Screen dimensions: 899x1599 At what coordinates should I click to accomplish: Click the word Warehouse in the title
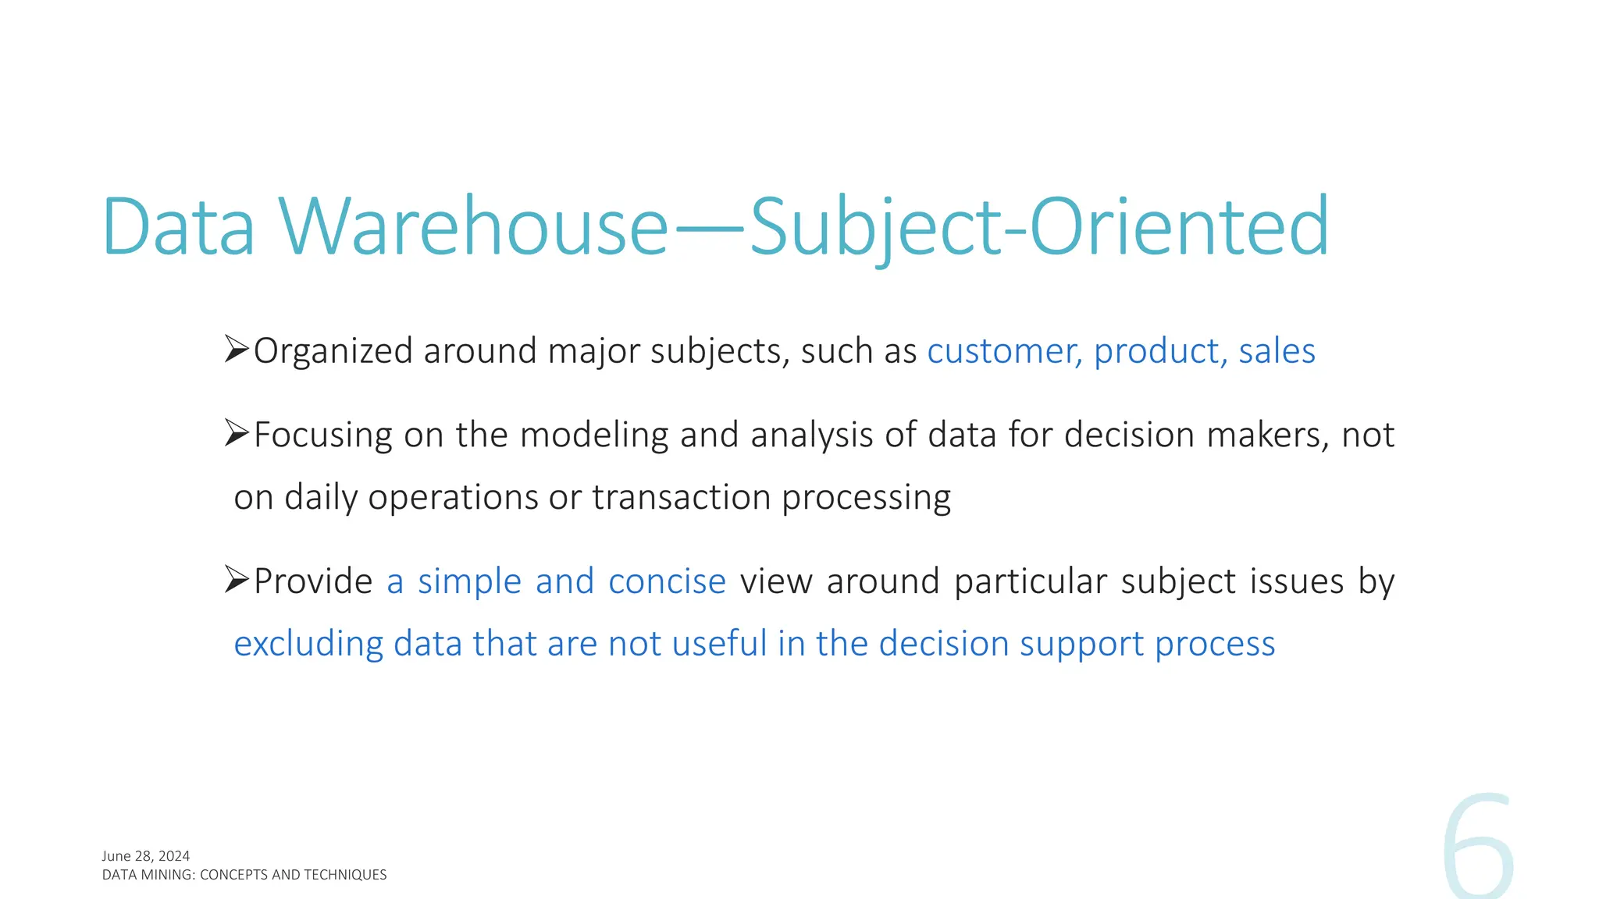pos(473,227)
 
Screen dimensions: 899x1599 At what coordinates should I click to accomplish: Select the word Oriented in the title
pos(1180,227)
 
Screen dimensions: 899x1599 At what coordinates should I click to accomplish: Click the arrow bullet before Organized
pos(236,349)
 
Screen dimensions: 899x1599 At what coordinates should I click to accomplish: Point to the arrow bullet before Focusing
pos(236,433)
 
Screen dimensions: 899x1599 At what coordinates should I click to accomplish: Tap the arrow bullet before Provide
pos(236,580)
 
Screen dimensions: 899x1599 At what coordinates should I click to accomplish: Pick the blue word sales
pos(1277,351)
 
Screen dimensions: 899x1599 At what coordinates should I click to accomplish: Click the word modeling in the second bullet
pos(594,435)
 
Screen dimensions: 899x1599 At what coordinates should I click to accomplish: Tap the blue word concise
pos(667,581)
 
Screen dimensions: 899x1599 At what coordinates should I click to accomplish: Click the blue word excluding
pos(308,644)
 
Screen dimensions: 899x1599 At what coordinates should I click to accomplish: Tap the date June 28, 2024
pos(146,856)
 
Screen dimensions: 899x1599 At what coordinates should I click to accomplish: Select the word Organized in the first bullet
pos(333,351)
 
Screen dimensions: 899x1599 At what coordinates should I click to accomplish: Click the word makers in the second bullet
pos(1267,435)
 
